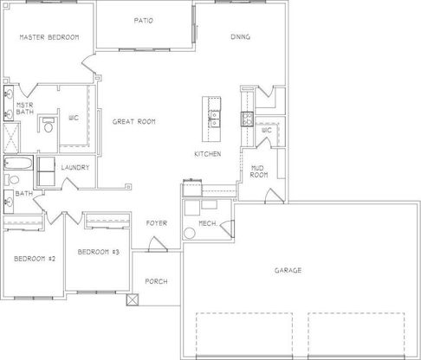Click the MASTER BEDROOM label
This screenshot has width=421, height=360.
coord(49,37)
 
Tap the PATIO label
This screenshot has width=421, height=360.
coord(144,21)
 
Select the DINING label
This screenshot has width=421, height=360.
coord(240,37)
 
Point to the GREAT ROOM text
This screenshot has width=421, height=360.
coord(134,122)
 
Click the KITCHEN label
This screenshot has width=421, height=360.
coord(208,154)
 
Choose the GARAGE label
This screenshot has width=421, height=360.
coord(288,270)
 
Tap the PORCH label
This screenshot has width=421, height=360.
coord(156,281)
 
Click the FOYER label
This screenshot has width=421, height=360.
coord(157,223)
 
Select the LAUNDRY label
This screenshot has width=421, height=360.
coord(75,168)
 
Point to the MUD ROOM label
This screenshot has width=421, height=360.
coord(259,171)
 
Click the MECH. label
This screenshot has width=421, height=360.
coord(208,223)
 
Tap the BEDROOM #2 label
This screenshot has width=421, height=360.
coord(35,259)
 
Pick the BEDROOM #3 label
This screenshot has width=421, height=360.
coord(99,252)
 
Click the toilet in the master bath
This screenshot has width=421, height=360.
coord(49,125)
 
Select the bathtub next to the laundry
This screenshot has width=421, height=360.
coord(18,163)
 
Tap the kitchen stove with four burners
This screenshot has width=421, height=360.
coord(248,119)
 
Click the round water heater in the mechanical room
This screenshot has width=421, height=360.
coord(190,233)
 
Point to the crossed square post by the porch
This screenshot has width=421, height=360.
coord(133,299)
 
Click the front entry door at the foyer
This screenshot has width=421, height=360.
coord(158,245)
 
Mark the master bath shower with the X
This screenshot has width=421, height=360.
coord(11,138)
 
